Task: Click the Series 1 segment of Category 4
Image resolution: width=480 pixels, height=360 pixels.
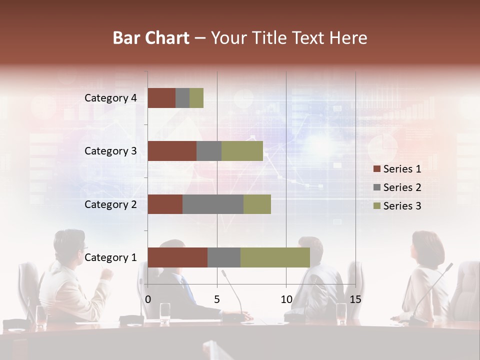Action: point(161,98)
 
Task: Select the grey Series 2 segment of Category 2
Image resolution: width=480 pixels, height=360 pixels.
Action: point(213,204)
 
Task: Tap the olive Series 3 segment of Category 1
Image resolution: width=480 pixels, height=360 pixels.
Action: point(275,257)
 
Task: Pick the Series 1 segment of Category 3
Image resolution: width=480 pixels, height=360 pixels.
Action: point(172,151)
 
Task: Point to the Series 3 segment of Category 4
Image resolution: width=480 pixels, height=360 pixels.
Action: point(196,98)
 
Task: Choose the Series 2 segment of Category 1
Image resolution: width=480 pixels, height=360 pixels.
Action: point(224,257)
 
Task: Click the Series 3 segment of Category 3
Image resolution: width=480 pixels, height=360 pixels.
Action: point(242,151)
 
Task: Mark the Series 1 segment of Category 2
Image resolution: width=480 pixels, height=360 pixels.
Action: point(165,204)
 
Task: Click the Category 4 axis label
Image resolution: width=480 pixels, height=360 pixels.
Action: point(110,98)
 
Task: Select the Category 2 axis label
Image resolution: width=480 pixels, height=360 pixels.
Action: point(110,204)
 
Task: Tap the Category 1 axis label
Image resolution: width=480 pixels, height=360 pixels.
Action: point(110,257)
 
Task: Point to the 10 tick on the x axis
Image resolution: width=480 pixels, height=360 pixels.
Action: point(286,299)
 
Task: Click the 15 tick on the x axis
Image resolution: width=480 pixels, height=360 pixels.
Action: point(355,299)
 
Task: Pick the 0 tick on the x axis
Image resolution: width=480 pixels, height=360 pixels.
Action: point(148,299)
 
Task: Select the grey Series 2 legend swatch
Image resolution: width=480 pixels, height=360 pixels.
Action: point(376,187)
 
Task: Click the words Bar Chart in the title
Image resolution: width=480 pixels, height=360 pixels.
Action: point(151,38)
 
